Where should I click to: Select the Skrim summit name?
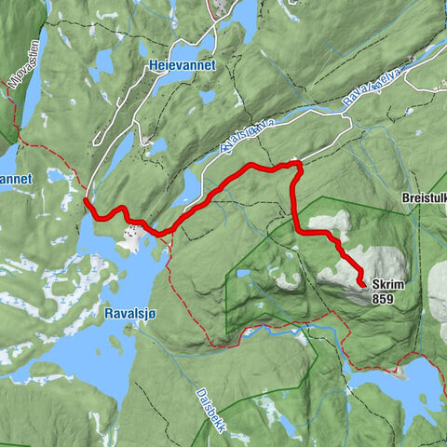click(386, 286)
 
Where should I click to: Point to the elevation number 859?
click(382, 299)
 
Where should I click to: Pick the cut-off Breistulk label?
click(424, 198)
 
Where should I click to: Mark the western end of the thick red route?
click(86, 199)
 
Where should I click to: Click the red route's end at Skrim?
click(362, 284)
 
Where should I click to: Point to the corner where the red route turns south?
click(297, 165)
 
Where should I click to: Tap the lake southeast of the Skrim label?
click(410, 382)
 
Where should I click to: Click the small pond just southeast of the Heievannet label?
click(207, 95)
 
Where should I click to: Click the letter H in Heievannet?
click(152, 66)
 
